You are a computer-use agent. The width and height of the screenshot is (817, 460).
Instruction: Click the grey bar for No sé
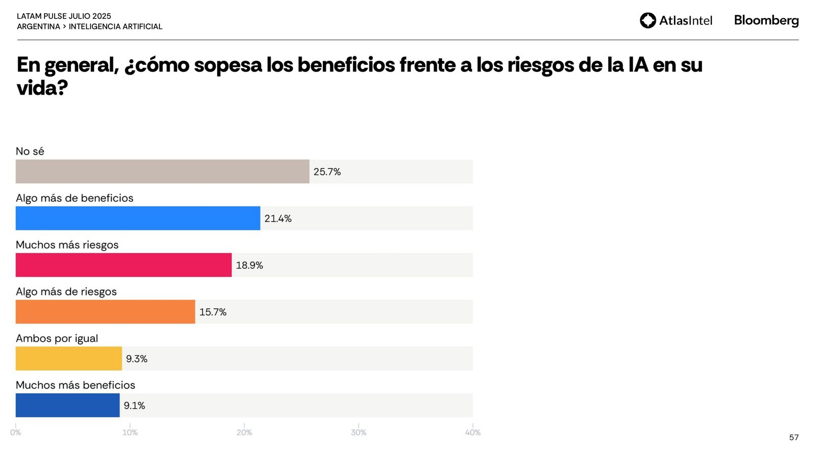pyautogui.click(x=162, y=172)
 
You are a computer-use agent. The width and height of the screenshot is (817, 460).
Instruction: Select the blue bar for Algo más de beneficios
pyautogui.click(x=138, y=218)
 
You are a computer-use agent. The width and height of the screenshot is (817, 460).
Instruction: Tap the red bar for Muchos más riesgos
pyautogui.click(x=124, y=265)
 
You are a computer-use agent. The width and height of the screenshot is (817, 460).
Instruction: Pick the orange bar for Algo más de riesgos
pyautogui.click(x=105, y=312)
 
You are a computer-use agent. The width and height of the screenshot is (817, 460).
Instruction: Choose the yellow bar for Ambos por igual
pyautogui.click(x=69, y=359)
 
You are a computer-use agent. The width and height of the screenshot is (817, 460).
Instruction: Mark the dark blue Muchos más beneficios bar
pyautogui.click(x=67, y=405)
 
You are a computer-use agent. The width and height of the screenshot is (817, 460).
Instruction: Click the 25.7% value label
pyautogui.click(x=327, y=172)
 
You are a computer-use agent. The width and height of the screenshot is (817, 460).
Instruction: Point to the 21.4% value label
pyautogui.click(x=278, y=219)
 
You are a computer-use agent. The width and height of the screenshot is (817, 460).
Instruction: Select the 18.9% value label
pyautogui.click(x=249, y=265)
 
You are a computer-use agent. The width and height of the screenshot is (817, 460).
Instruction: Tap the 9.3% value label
pyautogui.click(x=136, y=359)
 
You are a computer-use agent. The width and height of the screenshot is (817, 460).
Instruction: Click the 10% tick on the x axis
pyautogui.click(x=130, y=432)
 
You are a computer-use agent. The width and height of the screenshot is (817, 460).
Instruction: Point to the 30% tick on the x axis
pyautogui.click(x=358, y=432)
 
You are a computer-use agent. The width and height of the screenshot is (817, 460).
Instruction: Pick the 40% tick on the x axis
pyautogui.click(x=473, y=432)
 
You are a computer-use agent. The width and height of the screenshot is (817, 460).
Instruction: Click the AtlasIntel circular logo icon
pyautogui.click(x=647, y=20)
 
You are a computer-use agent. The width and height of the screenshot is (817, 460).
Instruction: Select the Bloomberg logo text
pyautogui.click(x=766, y=20)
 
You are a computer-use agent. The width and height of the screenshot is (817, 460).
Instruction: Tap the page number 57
pyautogui.click(x=794, y=438)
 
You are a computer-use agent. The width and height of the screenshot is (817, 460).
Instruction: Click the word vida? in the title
pyautogui.click(x=42, y=88)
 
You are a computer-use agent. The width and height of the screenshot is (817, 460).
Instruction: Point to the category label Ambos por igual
pyautogui.click(x=57, y=338)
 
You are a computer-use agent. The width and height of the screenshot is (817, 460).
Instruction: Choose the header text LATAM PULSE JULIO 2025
pyautogui.click(x=64, y=16)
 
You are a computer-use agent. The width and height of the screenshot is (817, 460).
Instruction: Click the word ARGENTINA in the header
pyautogui.click(x=38, y=27)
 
